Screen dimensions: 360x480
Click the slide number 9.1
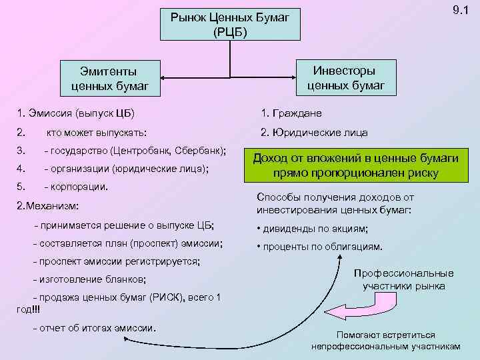point(460,11)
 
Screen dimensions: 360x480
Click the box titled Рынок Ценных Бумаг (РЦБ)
point(230,24)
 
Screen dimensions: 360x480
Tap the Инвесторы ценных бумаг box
point(345,78)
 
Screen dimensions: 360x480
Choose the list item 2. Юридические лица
point(314,132)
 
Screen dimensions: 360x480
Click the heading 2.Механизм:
point(51,207)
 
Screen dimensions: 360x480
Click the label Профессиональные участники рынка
point(404,280)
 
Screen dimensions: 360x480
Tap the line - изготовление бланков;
point(89,279)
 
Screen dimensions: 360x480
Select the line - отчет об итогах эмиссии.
point(94,328)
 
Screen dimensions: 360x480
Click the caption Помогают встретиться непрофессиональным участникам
point(385,341)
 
